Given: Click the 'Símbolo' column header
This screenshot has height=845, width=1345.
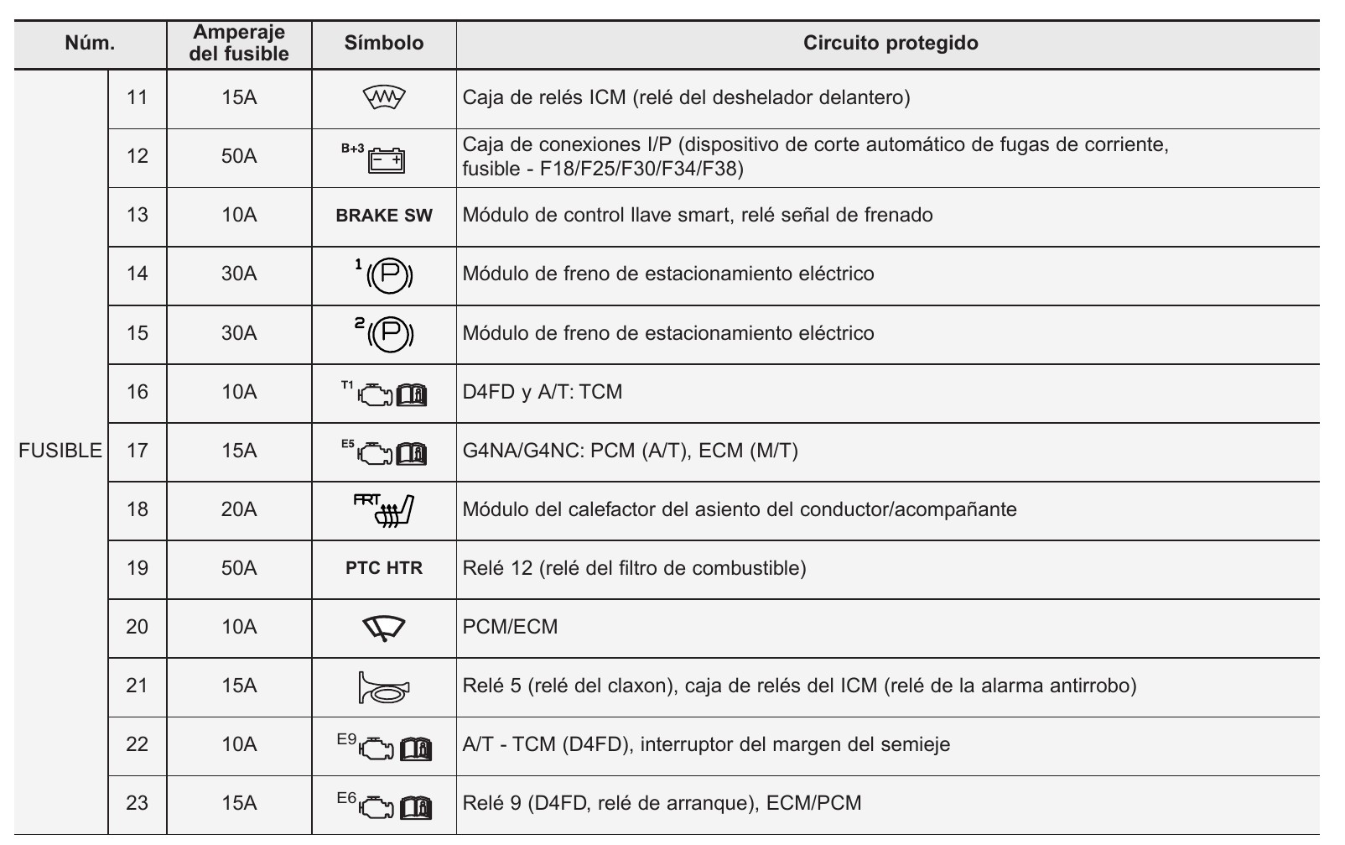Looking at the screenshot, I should pyautogui.click(x=384, y=43).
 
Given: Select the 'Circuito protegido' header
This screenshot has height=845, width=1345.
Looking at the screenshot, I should pyautogui.click(x=890, y=43).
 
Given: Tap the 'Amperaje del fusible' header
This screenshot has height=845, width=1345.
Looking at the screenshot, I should pyautogui.click(x=239, y=43).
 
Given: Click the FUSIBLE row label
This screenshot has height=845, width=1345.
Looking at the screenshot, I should pyautogui.click(x=60, y=451).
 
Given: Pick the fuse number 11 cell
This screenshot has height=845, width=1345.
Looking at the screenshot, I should pyautogui.click(x=137, y=97).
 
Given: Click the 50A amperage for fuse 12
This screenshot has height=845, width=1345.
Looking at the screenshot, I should pyautogui.click(x=239, y=156).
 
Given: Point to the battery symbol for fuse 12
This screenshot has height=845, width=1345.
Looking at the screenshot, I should pyautogui.click(x=386, y=159).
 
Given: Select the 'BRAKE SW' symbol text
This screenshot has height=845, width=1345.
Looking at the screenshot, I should pyautogui.click(x=384, y=216).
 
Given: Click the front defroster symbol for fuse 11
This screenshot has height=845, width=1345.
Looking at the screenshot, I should pyautogui.click(x=385, y=98).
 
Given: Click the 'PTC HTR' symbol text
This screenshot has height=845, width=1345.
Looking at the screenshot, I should pyautogui.click(x=384, y=568).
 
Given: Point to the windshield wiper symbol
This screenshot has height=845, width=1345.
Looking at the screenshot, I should pyautogui.click(x=384, y=628).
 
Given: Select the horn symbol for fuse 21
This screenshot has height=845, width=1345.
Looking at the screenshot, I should pyautogui.click(x=384, y=687).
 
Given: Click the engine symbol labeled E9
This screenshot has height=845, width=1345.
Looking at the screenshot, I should pyautogui.click(x=376, y=747).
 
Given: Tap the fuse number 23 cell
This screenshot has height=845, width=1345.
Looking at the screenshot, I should pyautogui.click(x=137, y=803).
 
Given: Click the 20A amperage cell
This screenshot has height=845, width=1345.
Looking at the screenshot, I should pyautogui.click(x=239, y=509).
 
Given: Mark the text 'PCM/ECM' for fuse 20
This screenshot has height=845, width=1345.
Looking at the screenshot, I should pyautogui.click(x=510, y=627).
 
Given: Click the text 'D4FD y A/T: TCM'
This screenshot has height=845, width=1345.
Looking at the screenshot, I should pyautogui.click(x=543, y=392).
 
